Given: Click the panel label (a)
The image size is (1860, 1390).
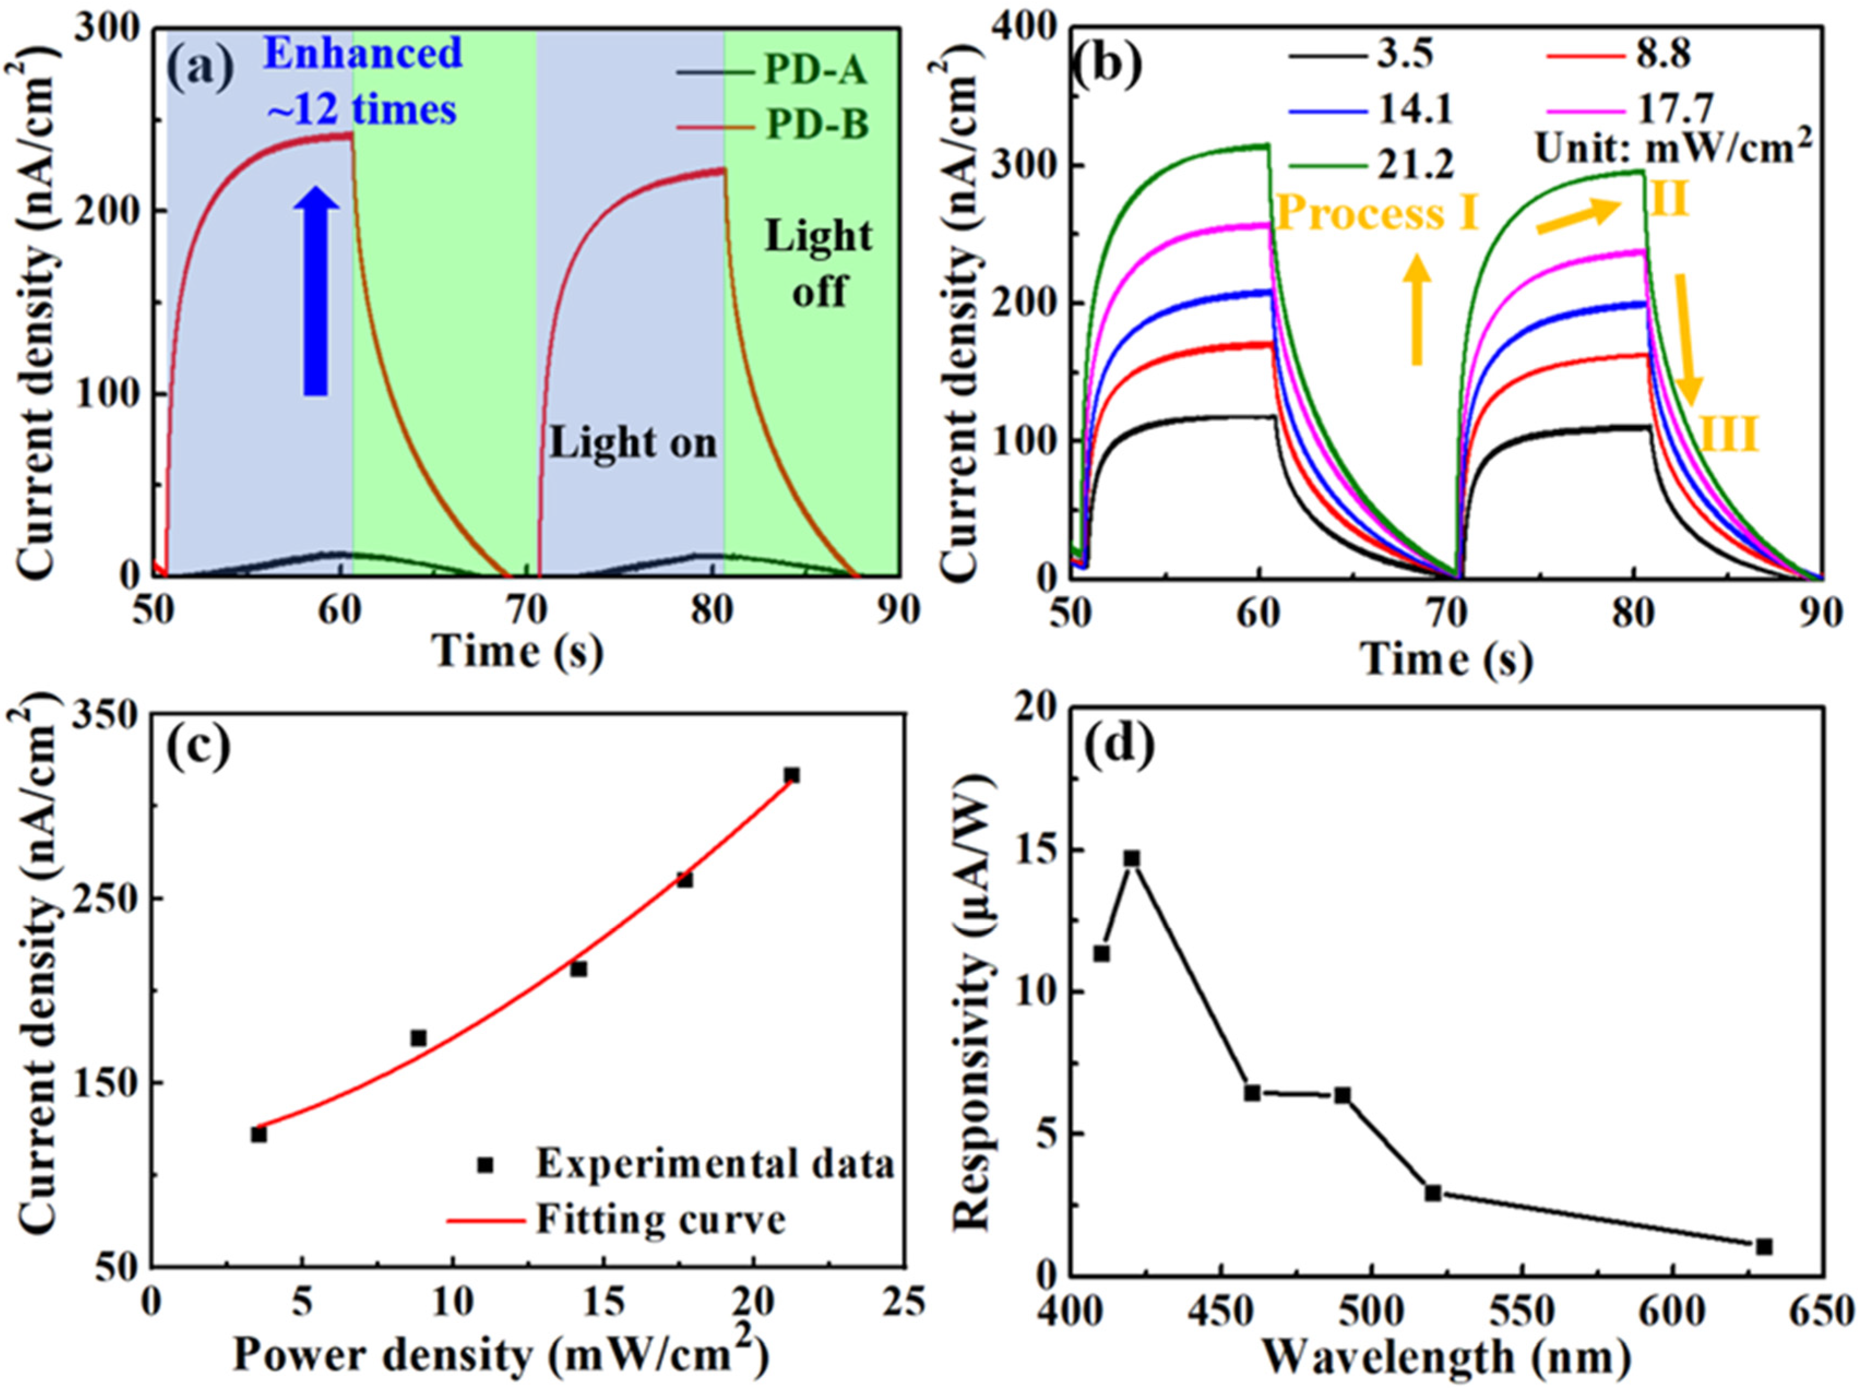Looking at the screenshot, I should click(x=199, y=70).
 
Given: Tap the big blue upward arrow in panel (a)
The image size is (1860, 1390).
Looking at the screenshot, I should click(x=316, y=290).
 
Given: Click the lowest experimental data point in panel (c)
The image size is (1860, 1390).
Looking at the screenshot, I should click(x=258, y=1134).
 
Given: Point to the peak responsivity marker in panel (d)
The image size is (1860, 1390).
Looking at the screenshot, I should click(x=1132, y=859).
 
